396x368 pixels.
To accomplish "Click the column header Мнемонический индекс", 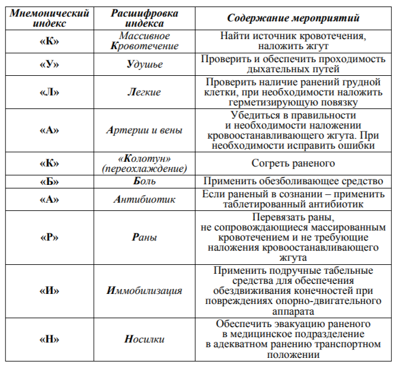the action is tap(49, 18).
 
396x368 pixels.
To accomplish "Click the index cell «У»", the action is tap(49, 65).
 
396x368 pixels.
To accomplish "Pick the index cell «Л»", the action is tap(49, 92).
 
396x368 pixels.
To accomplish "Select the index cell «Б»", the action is tap(49, 182).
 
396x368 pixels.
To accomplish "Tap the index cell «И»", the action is tap(49, 291).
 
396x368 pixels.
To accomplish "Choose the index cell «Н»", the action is tap(49, 340).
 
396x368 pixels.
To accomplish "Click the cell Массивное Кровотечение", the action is tap(144, 41).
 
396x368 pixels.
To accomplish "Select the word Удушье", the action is tap(144, 65).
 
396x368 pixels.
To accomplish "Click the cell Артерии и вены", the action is tap(144, 130).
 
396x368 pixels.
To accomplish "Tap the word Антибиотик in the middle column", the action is tap(144, 200).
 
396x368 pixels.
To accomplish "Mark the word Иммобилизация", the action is tap(144, 291).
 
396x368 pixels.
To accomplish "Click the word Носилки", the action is tap(144, 340).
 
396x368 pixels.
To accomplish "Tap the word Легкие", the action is tap(144, 92).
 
